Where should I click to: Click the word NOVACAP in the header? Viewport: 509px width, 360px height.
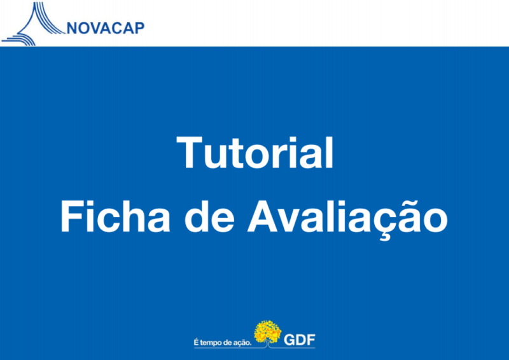pyautogui.click(x=106, y=28)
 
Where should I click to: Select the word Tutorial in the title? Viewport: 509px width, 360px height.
pyautogui.click(x=255, y=153)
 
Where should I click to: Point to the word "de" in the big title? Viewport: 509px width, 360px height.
pyautogui.click(x=209, y=216)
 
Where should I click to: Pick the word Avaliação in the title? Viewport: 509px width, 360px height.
pyautogui.click(x=347, y=218)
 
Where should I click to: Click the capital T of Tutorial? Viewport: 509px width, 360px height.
pyautogui.click(x=189, y=153)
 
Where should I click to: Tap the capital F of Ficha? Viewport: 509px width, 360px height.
pyautogui.click(x=71, y=216)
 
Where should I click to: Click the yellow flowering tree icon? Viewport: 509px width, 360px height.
pyautogui.click(x=267, y=333)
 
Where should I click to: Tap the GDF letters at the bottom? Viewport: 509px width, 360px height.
pyautogui.click(x=299, y=340)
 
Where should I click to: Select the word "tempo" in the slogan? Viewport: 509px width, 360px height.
pyautogui.click(x=211, y=343)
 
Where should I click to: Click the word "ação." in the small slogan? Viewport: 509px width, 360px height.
pyautogui.click(x=243, y=343)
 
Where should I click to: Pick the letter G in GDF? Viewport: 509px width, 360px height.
pyautogui.click(x=289, y=340)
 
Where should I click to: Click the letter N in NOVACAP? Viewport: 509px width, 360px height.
pyautogui.click(x=72, y=28)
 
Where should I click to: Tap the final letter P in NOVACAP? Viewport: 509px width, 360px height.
pyautogui.click(x=139, y=28)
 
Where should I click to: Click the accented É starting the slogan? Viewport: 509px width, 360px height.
pyautogui.click(x=196, y=342)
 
